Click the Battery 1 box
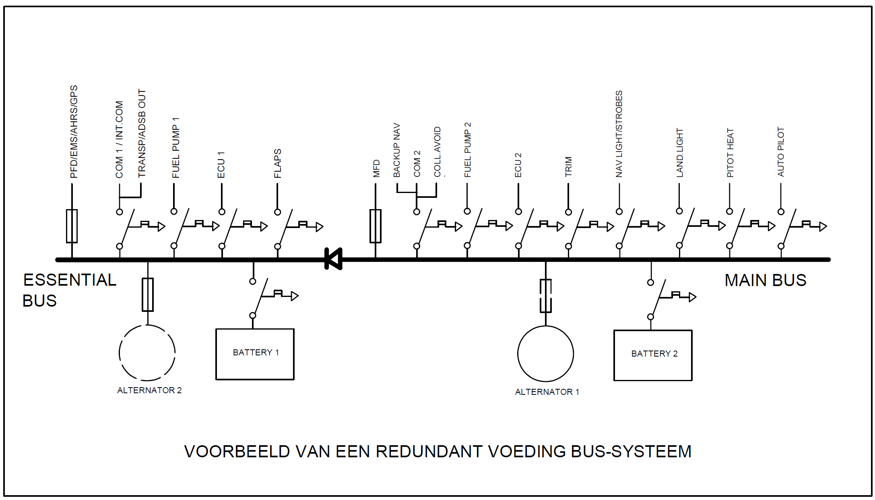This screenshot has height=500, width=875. point(255,354)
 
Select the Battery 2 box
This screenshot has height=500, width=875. point(652,355)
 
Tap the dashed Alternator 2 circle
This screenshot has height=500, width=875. point(147,353)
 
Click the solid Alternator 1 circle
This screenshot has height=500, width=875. point(545,354)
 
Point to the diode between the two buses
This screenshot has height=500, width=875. point(334,259)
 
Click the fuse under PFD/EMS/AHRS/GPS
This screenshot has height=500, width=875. point(72,226)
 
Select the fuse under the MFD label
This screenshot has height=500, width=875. point(375,226)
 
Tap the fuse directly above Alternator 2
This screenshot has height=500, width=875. point(148,294)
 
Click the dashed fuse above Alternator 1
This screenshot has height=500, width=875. point(545,295)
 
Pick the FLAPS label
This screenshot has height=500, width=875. point(277,164)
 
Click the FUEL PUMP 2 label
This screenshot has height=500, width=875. point(467,150)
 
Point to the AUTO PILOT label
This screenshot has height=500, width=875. point(781,152)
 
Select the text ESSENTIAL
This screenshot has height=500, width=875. point(70,280)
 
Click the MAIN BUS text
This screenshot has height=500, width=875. point(765,280)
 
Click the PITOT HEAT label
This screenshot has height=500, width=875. point(730,153)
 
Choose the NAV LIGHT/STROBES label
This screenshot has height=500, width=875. point(619,134)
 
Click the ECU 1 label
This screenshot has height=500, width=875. point(221,165)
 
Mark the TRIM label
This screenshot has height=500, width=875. point(568,167)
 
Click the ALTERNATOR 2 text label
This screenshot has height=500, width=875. point(149,390)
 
